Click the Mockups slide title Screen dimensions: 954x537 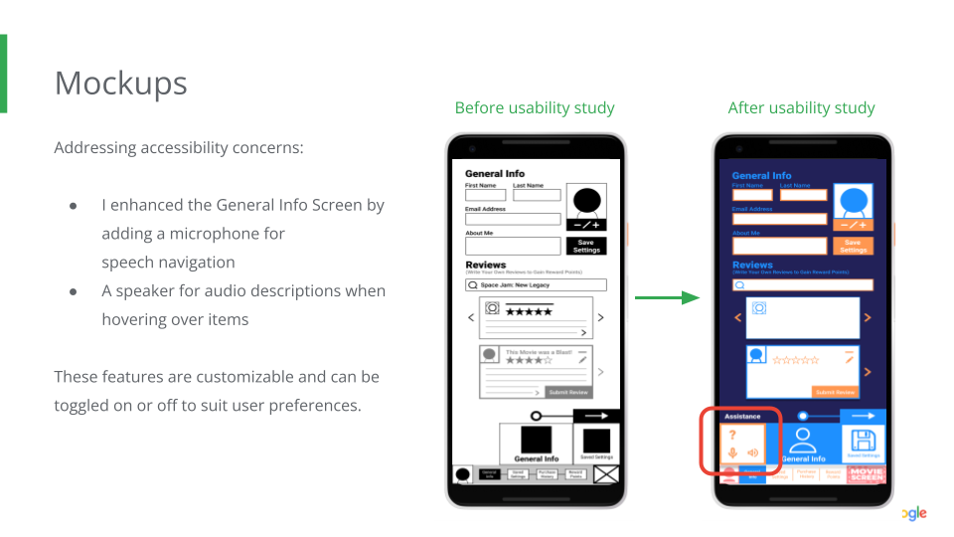pos(120,83)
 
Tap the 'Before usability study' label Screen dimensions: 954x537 pos(535,107)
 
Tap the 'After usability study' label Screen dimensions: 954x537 pos(801,107)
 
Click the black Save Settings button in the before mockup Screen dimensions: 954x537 pos(586,246)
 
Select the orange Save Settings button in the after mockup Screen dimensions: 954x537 pos(852,246)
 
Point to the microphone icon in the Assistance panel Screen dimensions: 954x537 pos(732,453)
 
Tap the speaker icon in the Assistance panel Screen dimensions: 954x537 pos(752,453)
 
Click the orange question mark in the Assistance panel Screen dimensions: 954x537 pos(732,436)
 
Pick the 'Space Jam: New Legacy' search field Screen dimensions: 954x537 pos(536,284)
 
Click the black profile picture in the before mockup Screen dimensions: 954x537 pos(586,200)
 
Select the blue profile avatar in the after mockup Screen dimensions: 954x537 pos(853,202)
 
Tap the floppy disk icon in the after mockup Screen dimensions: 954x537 pos(864,442)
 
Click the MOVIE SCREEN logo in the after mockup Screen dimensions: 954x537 pos(866,474)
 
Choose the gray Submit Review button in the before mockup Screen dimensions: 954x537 pos(569,392)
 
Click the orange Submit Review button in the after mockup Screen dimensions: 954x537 pos(834,392)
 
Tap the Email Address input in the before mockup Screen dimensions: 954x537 pos(513,219)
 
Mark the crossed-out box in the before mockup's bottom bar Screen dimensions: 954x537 pos(605,474)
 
